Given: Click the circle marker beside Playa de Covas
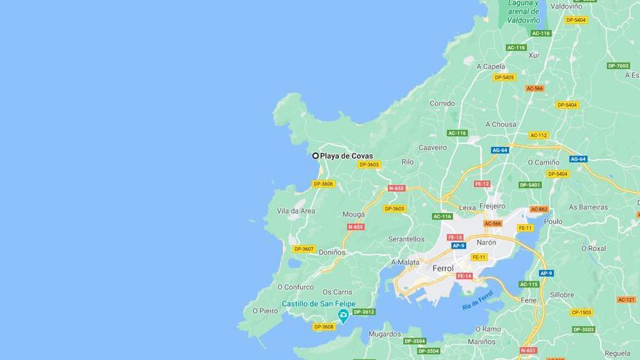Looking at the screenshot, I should click(x=316, y=156).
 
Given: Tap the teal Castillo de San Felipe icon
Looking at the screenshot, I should click(x=343, y=315).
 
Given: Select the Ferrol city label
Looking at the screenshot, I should click(x=442, y=268).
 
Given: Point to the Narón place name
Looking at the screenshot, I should click(x=486, y=242).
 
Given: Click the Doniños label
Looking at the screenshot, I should click(x=333, y=252).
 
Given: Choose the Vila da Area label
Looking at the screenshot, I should click(x=296, y=211).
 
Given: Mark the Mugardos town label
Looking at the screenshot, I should click(x=385, y=335).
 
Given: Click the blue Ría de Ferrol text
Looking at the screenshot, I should click(x=478, y=300).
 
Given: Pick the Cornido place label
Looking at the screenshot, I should click(x=441, y=103).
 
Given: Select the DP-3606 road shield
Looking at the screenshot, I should click(x=323, y=184).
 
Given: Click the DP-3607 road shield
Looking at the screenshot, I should click(x=303, y=249).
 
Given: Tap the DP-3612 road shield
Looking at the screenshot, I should click(x=364, y=312).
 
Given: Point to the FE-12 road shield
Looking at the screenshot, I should click(x=482, y=184).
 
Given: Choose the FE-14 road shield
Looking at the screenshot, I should click(x=464, y=276).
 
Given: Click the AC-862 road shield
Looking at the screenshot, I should click(x=538, y=209).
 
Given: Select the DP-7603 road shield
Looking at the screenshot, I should click(x=618, y=65).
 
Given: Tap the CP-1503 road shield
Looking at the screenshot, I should click(x=582, y=312).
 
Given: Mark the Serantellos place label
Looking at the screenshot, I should click(x=407, y=239).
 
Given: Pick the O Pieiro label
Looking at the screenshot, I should click(x=265, y=311).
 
